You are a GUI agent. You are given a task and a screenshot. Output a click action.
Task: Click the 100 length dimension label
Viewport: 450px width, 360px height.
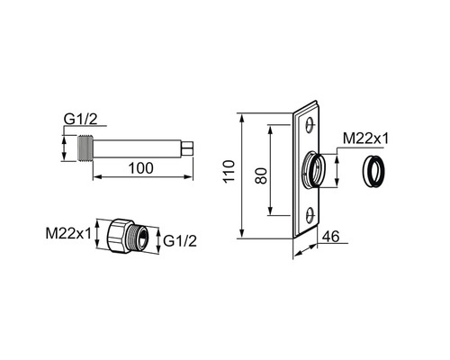[x=140, y=168]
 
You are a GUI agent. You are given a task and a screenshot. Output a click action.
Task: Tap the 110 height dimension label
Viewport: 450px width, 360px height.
[x=229, y=171]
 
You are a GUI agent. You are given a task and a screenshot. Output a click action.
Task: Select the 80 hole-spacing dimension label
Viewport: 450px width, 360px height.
[x=261, y=175]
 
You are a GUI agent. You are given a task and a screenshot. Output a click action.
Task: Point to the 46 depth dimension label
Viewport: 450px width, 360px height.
[x=330, y=237]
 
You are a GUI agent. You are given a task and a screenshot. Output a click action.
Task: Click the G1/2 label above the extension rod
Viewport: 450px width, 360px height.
[x=81, y=120]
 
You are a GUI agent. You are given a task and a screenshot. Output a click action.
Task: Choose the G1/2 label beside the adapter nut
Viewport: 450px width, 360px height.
[x=180, y=241]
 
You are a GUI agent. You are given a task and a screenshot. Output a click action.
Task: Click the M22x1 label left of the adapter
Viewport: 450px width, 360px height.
[x=68, y=233]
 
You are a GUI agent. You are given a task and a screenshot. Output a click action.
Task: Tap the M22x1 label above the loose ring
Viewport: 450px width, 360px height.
[x=365, y=139]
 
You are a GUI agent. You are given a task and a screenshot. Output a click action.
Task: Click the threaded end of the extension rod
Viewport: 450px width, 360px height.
[x=85, y=148]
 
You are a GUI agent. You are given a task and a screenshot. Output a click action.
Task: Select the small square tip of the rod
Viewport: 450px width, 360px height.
[x=187, y=148]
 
